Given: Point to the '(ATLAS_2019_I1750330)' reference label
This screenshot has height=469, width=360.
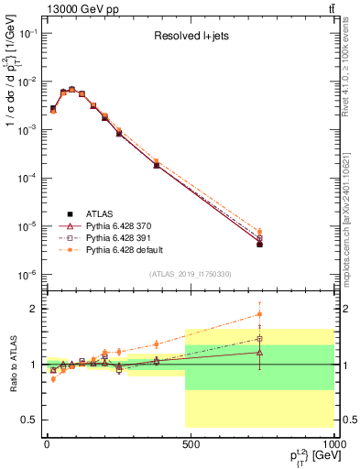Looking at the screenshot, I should pos(190,274).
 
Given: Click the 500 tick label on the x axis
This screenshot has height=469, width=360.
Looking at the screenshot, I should pos(191,442).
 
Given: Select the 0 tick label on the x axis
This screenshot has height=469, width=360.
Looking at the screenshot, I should pos(47,442).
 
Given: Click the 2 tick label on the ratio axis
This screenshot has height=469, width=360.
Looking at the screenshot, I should pos(32,309).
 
